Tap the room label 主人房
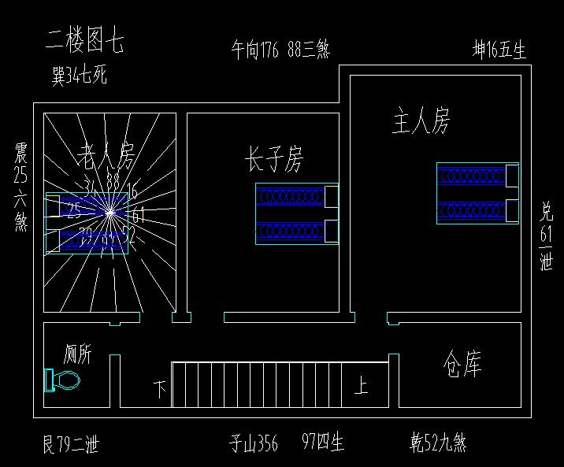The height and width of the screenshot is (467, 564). tap(421, 122)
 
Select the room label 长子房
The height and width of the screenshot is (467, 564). tap(273, 160)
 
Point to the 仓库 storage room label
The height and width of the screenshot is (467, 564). tap(462, 365)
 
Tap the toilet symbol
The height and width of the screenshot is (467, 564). tap(63, 381)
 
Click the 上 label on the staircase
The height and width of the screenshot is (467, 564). tap(361, 386)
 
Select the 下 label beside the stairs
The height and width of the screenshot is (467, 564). tap(160, 389)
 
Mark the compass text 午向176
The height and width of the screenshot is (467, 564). tap(256, 50)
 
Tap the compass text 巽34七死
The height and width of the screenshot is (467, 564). tap(79, 76)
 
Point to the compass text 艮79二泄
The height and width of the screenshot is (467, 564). tap(71, 444)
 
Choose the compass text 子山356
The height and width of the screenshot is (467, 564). tap(254, 443)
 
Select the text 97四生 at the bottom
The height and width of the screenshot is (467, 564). tap(323, 443)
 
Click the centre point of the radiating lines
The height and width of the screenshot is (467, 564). tap(111, 211)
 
